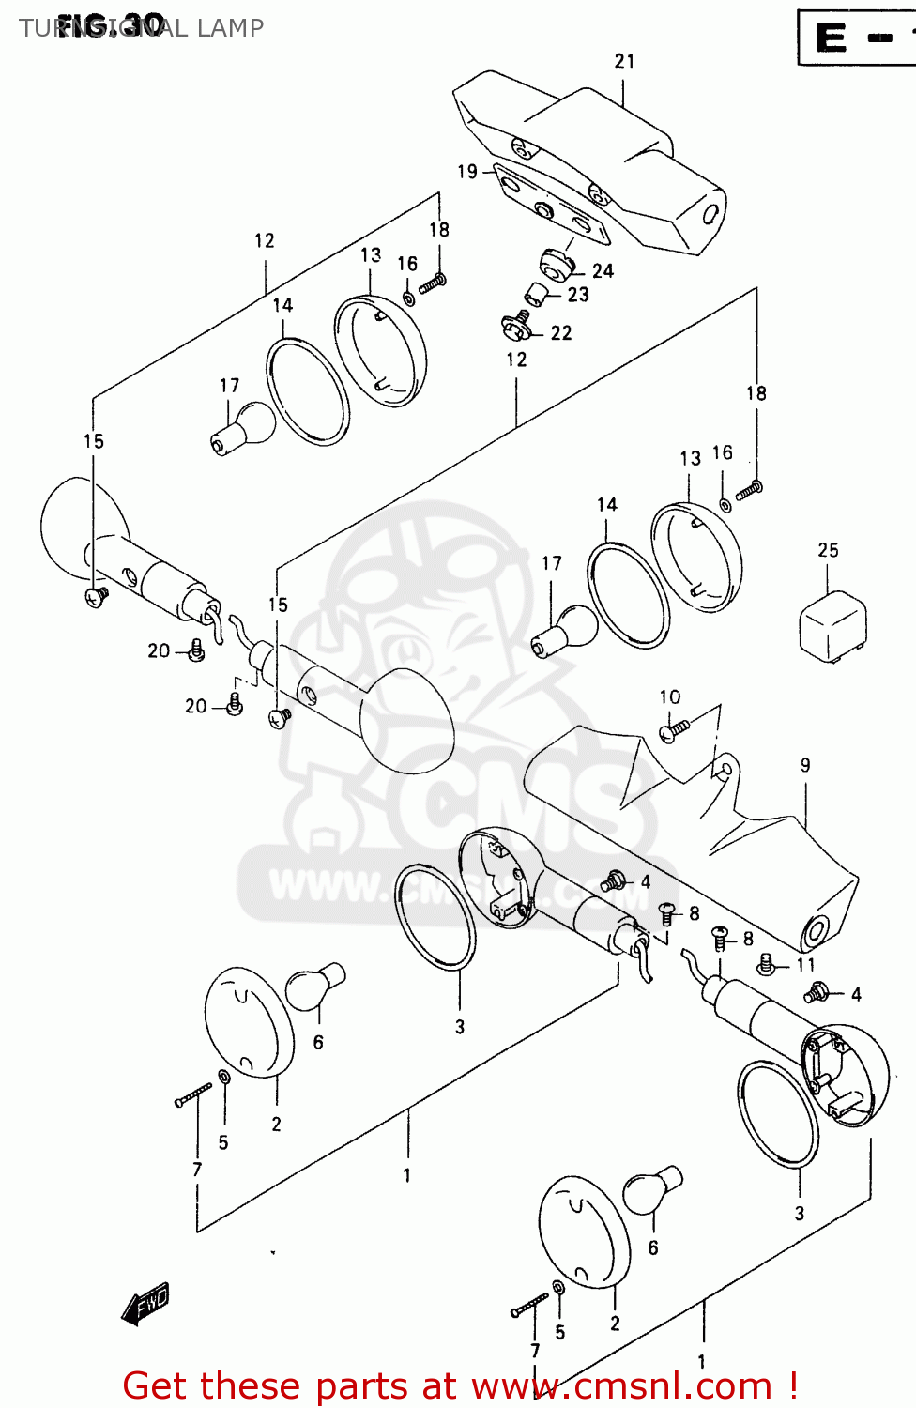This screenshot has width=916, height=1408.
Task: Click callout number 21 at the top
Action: pos(624,61)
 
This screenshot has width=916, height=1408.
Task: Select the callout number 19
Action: pos(467,172)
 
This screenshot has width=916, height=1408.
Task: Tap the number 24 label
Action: pos(603,271)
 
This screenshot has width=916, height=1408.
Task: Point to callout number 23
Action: pos(578,295)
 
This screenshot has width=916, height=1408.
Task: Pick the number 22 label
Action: pos(561,333)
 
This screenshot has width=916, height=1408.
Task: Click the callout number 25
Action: pos(828,550)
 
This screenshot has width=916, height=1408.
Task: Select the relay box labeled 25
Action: pos(832,624)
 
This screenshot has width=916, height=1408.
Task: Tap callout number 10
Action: pos(670,696)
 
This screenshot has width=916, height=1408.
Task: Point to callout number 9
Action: pos(805,765)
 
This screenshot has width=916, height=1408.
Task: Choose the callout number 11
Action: pos(805,965)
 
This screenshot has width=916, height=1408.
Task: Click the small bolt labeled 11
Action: pos(767,964)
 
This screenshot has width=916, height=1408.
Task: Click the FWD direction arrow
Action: pos(145,1303)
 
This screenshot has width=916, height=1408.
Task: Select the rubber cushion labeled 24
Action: pos(557,264)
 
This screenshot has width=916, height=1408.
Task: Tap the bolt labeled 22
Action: pos(516,326)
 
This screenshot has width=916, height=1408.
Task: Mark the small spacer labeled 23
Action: pos(535,295)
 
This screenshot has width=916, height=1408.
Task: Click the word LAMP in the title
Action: pos(230,28)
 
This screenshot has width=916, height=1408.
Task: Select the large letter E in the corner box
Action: pos(832,38)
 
